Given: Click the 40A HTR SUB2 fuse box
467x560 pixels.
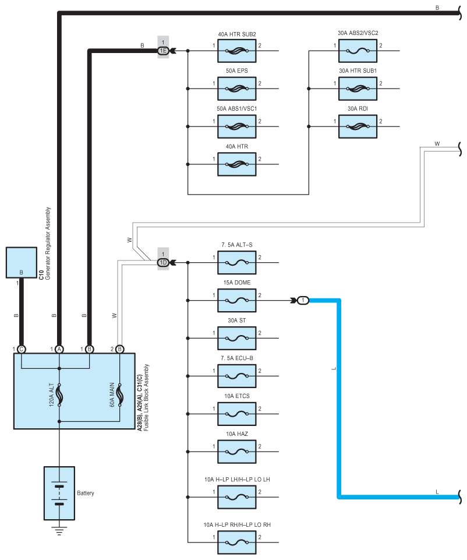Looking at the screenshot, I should click(x=236, y=51).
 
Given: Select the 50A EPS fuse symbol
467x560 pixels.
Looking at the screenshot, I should click(x=236, y=89).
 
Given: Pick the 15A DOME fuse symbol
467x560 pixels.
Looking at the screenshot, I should click(x=236, y=301).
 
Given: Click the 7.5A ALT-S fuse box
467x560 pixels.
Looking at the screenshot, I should click(x=236, y=263).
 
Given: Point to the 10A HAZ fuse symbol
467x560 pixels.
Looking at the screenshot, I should click(x=236, y=451).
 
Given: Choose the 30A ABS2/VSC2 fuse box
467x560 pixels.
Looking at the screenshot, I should click(x=358, y=51).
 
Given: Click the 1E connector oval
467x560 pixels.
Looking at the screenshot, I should click(x=163, y=51).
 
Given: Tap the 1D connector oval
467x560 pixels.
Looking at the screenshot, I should click(x=163, y=263).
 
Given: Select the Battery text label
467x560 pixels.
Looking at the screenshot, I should click(x=86, y=493).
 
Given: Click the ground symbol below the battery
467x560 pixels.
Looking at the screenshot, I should click(x=59, y=530).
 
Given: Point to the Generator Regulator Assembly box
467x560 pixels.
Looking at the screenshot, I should click(x=21, y=263).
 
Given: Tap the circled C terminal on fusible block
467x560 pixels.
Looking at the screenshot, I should click(x=21, y=350).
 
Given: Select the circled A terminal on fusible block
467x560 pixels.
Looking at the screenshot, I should click(x=59, y=350).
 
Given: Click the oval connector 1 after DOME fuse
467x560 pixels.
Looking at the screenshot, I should click(x=302, y=301).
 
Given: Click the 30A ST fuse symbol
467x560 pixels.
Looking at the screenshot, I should click(x=236, y=339).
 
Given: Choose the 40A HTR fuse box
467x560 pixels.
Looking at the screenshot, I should click(x=236, y=164).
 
